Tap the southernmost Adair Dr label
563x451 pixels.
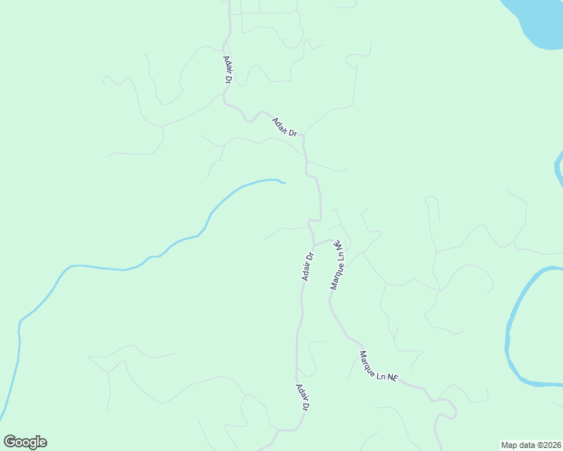(303, 397)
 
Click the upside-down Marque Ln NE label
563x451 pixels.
(337, 265)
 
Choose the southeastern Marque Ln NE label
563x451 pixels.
(378, 368)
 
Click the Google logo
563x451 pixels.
(25, 442)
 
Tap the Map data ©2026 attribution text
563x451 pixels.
(531, 444)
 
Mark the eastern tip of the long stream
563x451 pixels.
(284, 182)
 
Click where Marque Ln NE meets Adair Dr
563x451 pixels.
(314, 244)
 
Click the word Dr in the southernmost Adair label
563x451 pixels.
(306, 406)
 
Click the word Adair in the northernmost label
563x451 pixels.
(227, 65)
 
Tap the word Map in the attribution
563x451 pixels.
(510, 444)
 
